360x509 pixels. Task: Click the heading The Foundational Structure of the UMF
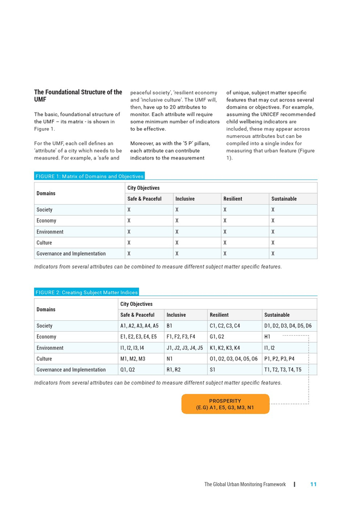[x=78, y=96]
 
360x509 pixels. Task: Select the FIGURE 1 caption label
[x=89, y=176]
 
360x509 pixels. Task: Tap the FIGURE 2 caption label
[x=86, y=293]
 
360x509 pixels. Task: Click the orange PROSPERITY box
[x=225, y=404]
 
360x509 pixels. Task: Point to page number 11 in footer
[x=313, y=484]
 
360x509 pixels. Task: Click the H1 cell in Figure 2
[x=267, y=337]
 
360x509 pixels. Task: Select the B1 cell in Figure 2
[x=170, y=326]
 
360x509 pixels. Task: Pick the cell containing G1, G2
[x=217, y=337]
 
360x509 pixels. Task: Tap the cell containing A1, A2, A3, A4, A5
[x=139, y=326]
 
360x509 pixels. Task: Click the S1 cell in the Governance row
[x=213, y=370]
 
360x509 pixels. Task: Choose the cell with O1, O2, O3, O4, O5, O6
[x=233, y=359]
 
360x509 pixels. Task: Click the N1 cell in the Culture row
[x=170, y=359]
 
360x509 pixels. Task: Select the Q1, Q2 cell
[x=127, y=370]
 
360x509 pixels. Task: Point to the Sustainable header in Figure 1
[x=284, y=199]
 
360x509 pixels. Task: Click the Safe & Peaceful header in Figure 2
[x=137, y=315]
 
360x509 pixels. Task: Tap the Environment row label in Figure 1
[x=50, y=232]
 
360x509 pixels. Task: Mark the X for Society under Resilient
[x=225, y=210]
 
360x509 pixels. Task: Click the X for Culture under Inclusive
[x=177, y=243]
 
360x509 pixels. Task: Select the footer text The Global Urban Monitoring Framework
[x=245, y=484]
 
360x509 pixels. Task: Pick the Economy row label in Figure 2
[x=46, y=337]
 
